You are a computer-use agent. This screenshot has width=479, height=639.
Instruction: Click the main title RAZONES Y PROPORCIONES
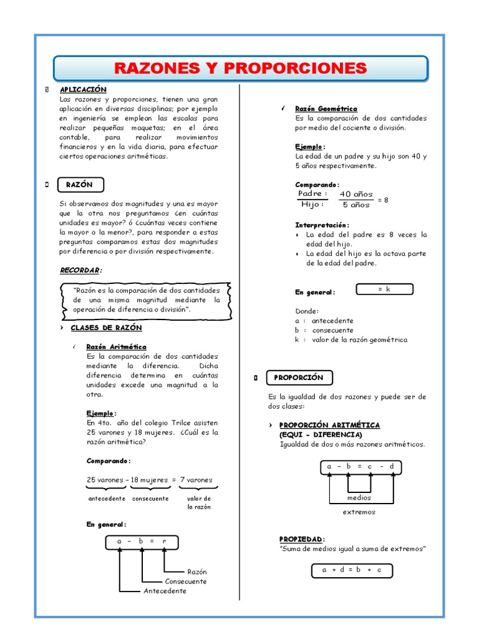(240, 68)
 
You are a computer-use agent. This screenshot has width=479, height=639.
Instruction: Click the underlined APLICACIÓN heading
(83, 90)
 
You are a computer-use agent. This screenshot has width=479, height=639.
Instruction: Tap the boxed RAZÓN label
(80, 185)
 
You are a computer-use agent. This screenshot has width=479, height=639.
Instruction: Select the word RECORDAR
(80, 270)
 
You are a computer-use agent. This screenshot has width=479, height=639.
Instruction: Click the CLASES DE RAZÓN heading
(106, 328)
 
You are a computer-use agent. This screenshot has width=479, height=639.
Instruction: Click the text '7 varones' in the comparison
(196, 480)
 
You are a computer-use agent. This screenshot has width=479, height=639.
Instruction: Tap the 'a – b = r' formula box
(142, 542)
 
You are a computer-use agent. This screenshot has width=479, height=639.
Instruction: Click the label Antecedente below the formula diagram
(165, 591)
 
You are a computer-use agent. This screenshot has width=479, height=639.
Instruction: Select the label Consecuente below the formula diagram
(186, 581)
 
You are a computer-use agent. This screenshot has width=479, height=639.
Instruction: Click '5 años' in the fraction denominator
(356, 204)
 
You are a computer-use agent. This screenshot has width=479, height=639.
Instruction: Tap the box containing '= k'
(384, 289)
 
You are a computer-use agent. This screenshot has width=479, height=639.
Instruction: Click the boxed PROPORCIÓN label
(300, 378)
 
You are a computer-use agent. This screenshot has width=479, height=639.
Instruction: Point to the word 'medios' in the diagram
(359, 498)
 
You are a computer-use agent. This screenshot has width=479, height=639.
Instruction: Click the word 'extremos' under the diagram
(359, 512)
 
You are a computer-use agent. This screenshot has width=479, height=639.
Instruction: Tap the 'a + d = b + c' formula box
(352, 570)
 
